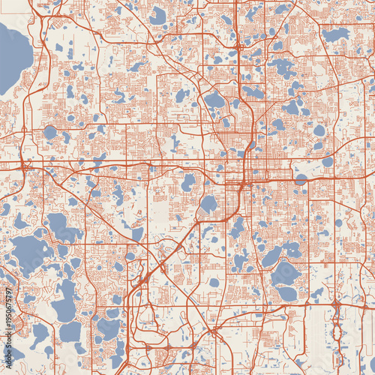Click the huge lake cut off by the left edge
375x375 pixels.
12,56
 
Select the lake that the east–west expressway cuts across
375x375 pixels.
301,179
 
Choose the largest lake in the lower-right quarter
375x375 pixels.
285,274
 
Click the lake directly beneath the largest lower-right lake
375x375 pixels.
286,294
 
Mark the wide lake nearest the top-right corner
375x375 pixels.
335,34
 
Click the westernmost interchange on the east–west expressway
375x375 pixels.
25,164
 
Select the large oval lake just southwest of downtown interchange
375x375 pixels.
208,203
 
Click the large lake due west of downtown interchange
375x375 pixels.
188,182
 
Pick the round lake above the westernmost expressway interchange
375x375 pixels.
49,132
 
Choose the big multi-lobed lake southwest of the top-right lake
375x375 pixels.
283,67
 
